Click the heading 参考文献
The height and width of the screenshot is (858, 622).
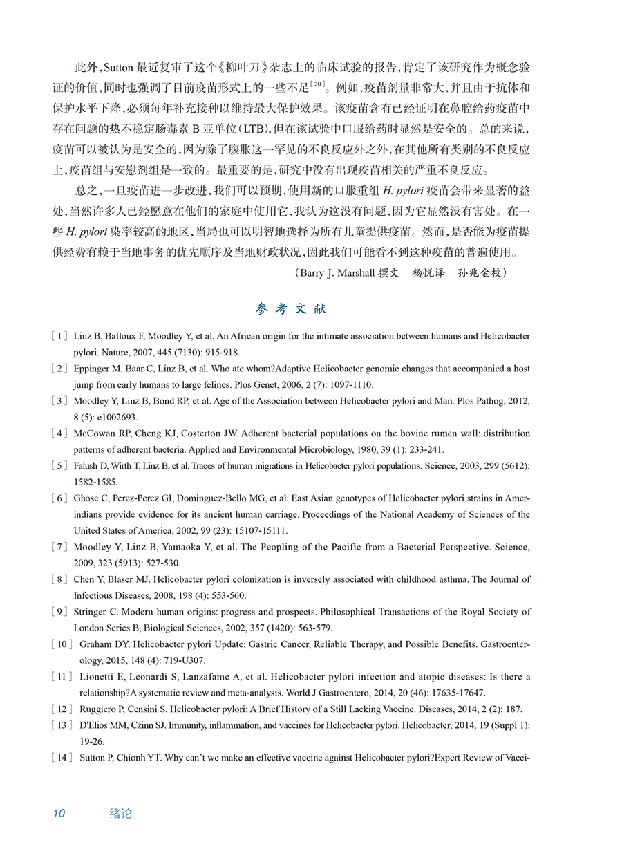click(x=291, y=309)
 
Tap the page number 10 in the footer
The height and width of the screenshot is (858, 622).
click(x=59, y=814)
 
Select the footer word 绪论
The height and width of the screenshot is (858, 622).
click(x=121, y=814)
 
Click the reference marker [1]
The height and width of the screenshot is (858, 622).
click(x=59, y=336)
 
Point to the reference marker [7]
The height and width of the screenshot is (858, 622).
click(x=59, y=547)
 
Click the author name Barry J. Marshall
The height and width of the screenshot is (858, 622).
click(x=337, y=273)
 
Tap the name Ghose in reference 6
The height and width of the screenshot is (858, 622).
click(x=86, y=498)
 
